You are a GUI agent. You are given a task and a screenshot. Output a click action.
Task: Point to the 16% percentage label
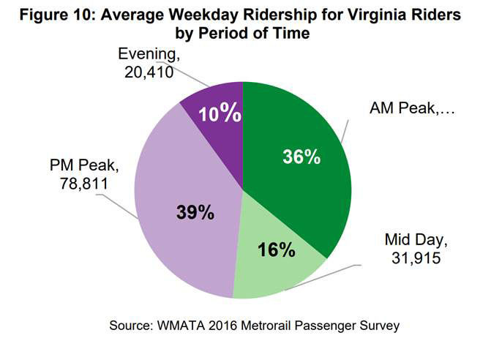click(x=277, y=250)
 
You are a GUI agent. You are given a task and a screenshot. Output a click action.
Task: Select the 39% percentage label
click(x=195, y=213)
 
